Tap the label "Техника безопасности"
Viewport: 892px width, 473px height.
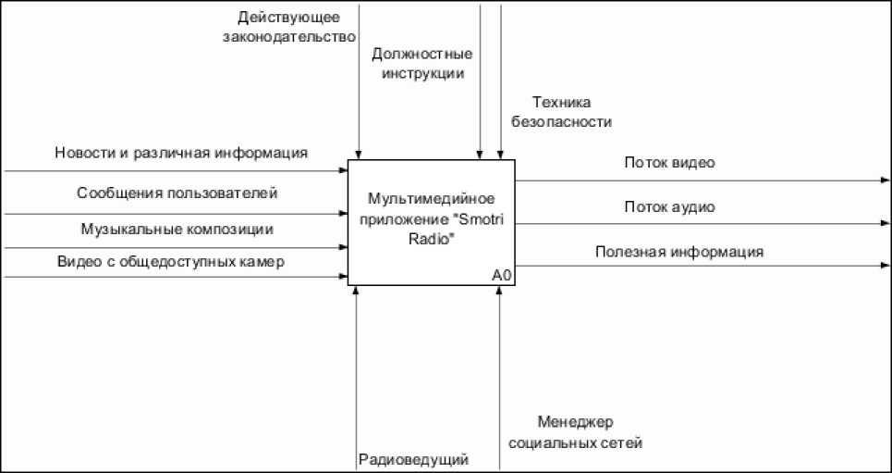point(560,111)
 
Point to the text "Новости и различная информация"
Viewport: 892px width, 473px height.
point(180,152)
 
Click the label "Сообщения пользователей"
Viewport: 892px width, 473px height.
point(177,193)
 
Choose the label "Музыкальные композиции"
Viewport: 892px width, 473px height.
point(177,228)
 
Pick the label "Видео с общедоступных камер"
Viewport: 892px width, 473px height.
point(170,262)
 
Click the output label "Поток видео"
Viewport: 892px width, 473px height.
point(670,163)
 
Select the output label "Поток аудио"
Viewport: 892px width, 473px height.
point(669,206)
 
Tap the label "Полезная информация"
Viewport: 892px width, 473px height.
point(678,250)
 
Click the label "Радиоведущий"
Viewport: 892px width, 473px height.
point(414,459)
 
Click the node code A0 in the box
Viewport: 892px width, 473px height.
point(502,275)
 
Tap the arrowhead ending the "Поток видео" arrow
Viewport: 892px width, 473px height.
point(885,180)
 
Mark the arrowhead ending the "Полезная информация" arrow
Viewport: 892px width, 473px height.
point(885,267)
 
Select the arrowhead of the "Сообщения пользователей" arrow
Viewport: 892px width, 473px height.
point(342,214)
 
